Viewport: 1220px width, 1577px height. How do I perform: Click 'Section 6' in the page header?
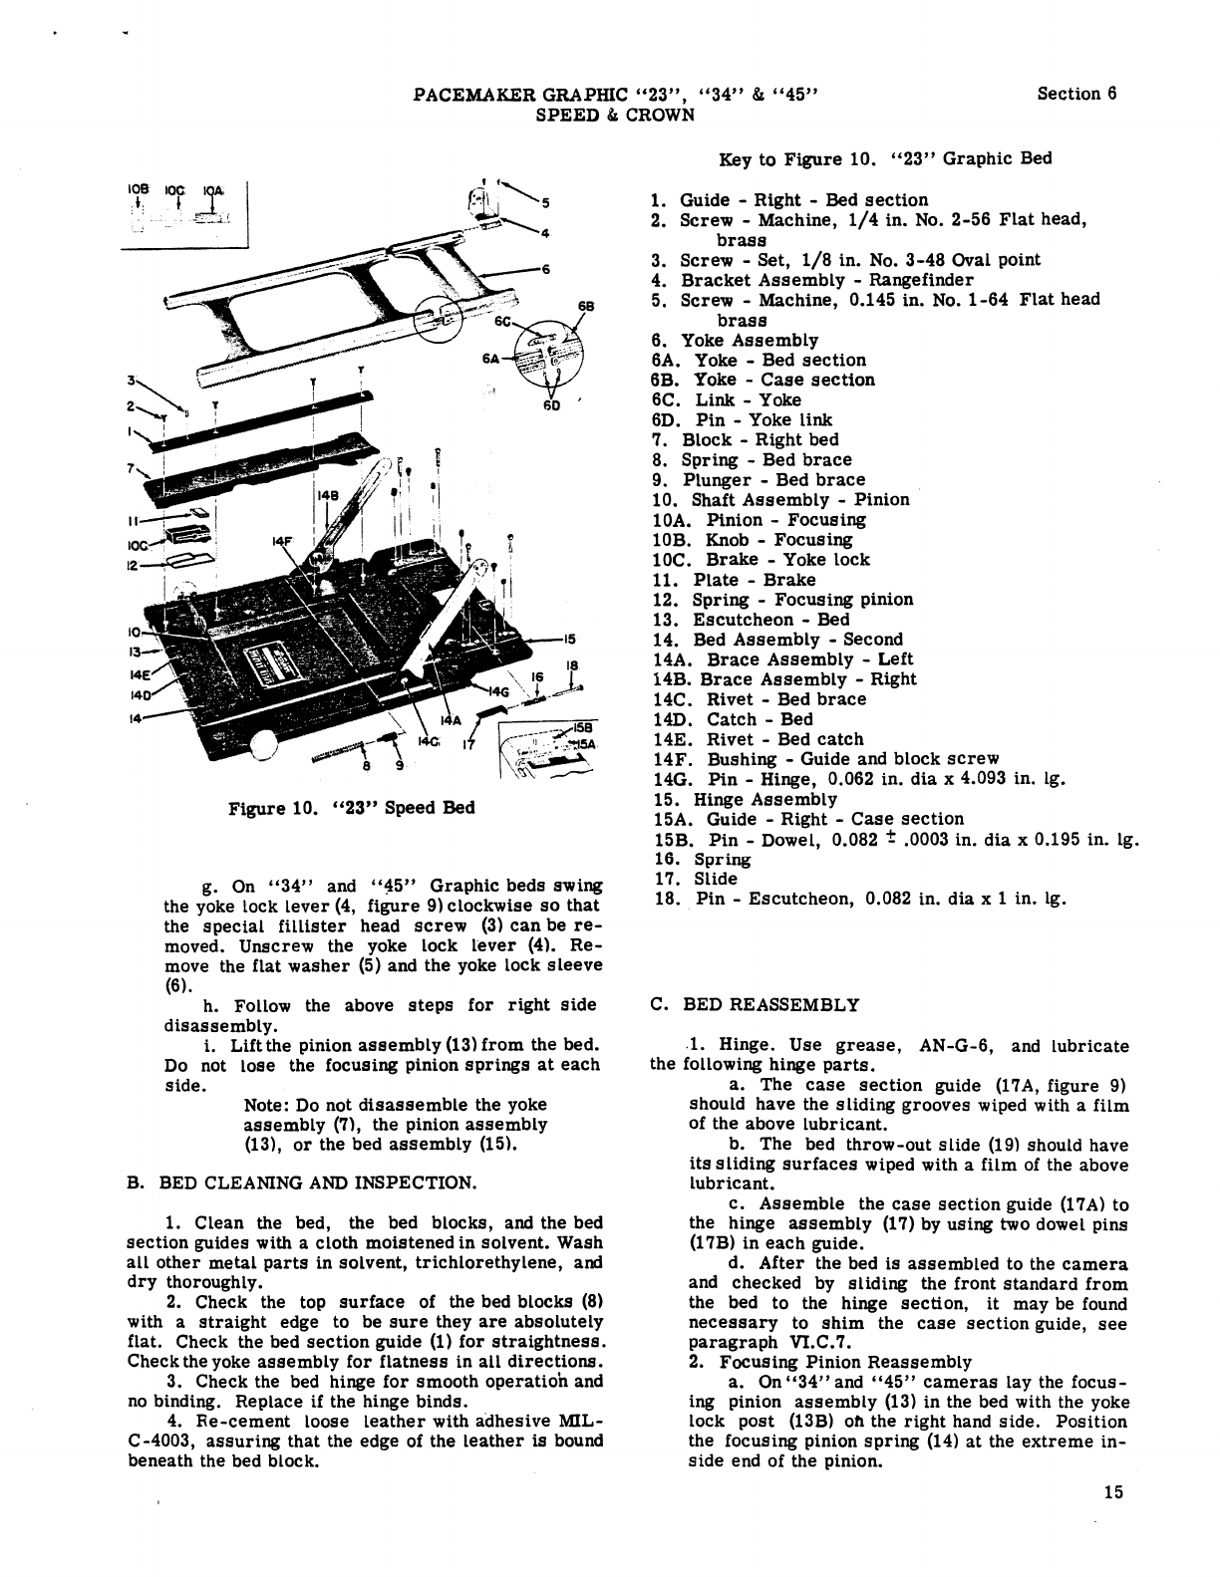point(1076,95)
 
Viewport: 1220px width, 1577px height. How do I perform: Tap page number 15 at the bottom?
point(1113,1491)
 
